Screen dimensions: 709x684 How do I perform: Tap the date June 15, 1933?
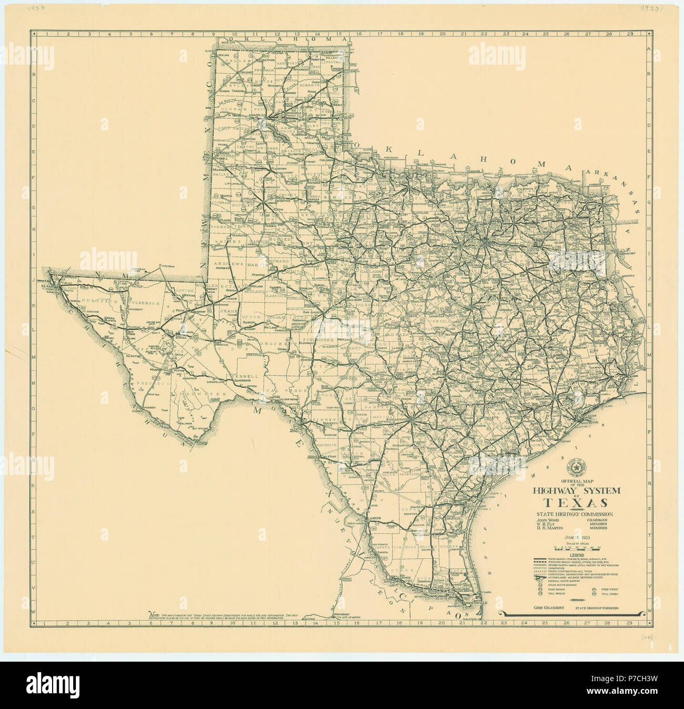pyautogui.click(x=577, y=537)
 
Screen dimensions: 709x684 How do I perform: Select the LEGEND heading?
pyautogui.click(x=577, y=555)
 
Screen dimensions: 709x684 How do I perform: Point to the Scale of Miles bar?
pyautogui.click(x=577, y=548)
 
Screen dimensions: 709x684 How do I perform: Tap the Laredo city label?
pyautogui.click(x=374, y=518)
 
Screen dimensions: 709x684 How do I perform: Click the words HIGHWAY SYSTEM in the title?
pyautogui.click(x=577, y=490)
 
